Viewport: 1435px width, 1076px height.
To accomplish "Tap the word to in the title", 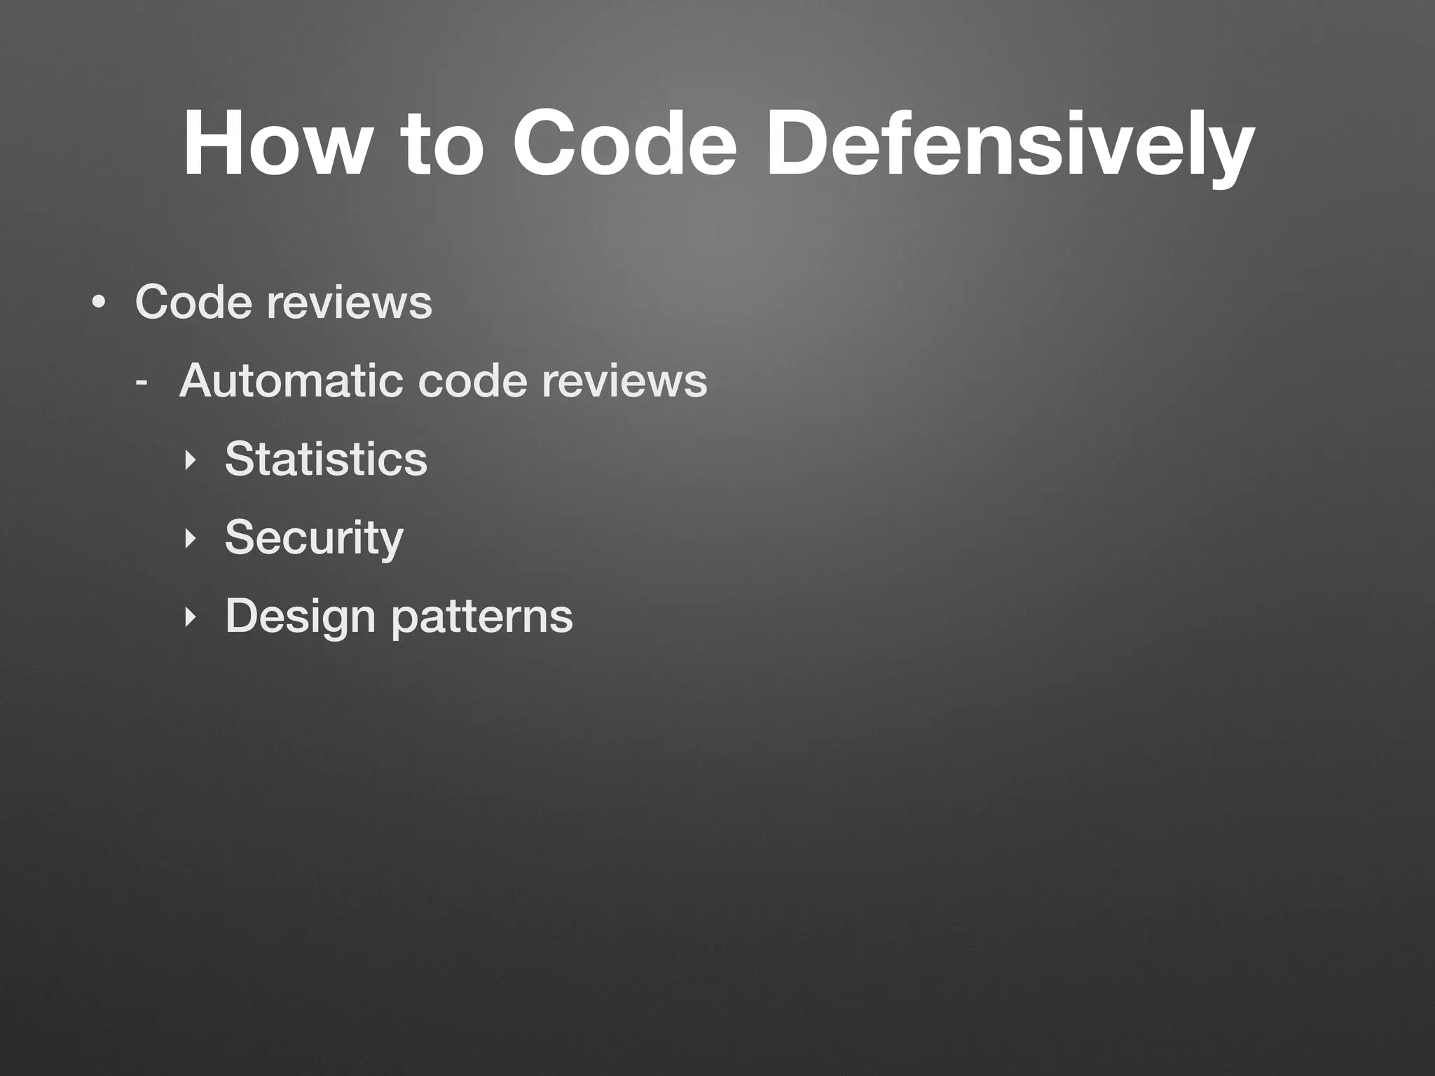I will coord(441,144).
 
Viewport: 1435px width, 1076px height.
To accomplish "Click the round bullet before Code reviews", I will coord(99,303).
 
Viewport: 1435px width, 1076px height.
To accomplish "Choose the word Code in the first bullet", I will coord(193,302).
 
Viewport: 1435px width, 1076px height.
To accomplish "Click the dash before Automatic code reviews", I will coord(142,382).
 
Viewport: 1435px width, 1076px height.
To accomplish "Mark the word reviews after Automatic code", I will coord(624,382).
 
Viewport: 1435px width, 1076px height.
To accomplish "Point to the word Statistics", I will coord(326,459).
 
